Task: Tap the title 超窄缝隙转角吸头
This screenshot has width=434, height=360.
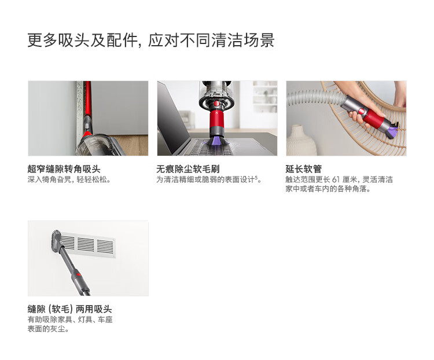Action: pyautogui.click(x=64, y=168)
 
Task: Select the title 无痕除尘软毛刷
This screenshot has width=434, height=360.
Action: pyautogui.click(x=188, y=168)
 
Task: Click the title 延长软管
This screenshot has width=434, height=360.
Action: pyautogui.click(x=303, y=168)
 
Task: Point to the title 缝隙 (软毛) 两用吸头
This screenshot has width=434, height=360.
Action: pyautogui.click(x=70, y=308)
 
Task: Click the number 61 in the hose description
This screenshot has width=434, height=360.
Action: pyautogui.click(x=336, y=179)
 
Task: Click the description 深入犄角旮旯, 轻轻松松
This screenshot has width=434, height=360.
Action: pyautogui.click(x=69, y=179)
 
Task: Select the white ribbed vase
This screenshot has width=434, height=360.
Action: pyautogui.click(x=301, y=141)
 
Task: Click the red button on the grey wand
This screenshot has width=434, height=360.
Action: pyautogui.click(x=78, y=275)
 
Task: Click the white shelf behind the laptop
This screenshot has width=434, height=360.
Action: pyautogui.click(x=265, y=97)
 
